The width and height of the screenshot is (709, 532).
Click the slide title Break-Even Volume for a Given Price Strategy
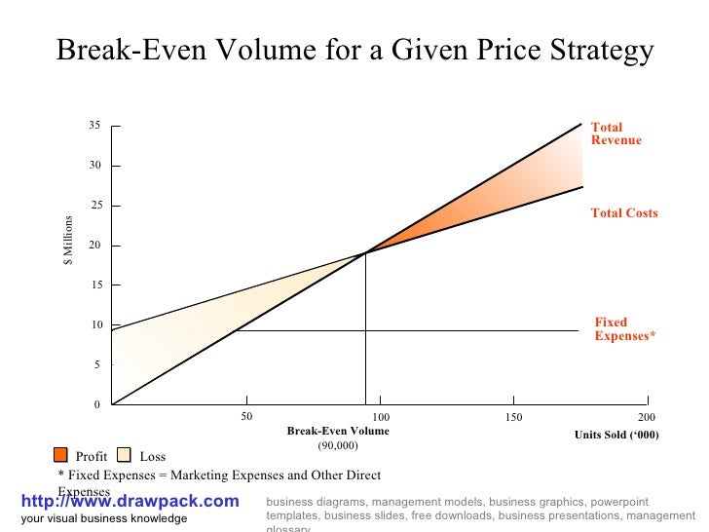[354, 51]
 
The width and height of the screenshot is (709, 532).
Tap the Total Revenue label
[616, 133]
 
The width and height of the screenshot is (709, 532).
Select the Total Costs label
[624, 212]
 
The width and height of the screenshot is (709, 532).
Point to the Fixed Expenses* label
[624, 329]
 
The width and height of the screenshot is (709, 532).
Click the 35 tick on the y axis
[95, 127]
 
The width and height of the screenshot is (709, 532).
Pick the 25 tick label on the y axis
[95, 207]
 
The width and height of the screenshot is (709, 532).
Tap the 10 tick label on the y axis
[95, 325]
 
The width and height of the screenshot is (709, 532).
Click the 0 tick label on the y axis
[97, 405]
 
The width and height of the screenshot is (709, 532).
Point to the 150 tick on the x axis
[514, 417]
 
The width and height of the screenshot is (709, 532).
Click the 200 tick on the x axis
[648, 417]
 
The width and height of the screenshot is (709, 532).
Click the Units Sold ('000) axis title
[616, 435]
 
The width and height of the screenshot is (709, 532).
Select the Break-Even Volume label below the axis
[338, 431]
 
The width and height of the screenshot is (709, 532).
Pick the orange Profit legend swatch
[60, 455]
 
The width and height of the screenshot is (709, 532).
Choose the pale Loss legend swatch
[124, 455]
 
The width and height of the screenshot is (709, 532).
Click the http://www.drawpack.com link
[129, 501]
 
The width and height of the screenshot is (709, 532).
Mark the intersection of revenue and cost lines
[365, 252]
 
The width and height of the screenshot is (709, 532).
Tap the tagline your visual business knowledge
[104, 518]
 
